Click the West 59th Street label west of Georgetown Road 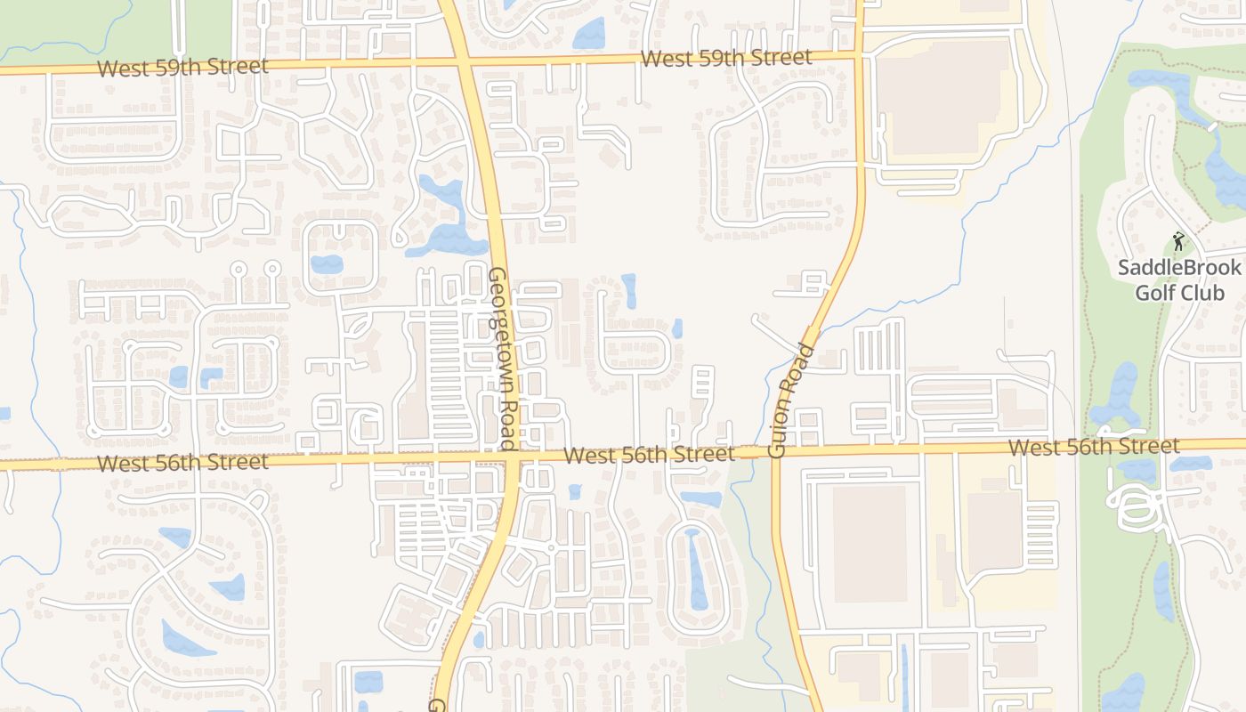(182, 67)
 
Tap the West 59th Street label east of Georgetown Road (725, 59)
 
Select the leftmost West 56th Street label (182, 463)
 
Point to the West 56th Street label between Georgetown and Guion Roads (649, 455)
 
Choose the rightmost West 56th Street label (1094, 446)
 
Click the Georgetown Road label (502, 359)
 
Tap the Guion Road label (790, 400)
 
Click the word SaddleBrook (1178, 268)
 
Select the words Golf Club (1179, 293)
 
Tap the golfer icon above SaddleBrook (1178, 241)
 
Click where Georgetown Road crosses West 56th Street (514, 457)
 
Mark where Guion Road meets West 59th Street (860, 56)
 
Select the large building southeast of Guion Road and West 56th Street (869, 543)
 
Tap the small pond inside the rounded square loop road (326, 264)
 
